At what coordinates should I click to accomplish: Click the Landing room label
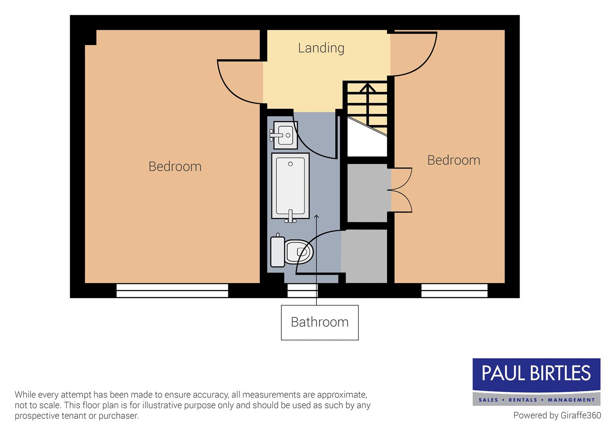pos(321,48)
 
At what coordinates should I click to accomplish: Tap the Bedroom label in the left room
pos(175,166)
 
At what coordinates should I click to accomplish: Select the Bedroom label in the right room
pos(454,160)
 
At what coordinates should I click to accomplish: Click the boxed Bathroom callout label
pos(320,322)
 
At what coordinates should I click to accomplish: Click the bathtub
pos(290,186)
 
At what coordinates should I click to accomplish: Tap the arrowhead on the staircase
pos(367,87)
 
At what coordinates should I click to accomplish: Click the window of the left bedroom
pos(172,290)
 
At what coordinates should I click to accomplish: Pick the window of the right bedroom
pos(454,290)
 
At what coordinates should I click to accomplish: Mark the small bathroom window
pos(302,290)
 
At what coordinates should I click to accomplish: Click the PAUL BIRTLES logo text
pos(536,374)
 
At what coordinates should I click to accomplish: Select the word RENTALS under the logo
pos(523,400)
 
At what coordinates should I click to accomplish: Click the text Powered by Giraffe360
pos(557,415)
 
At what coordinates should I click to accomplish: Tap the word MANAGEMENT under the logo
pos(571,400)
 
